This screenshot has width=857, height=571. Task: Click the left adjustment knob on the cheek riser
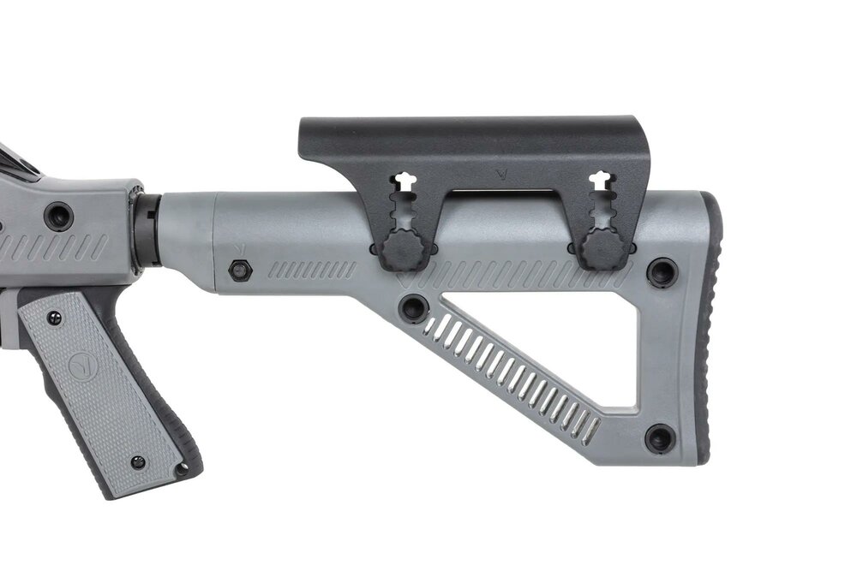pyautogui.click(x=401, y=249)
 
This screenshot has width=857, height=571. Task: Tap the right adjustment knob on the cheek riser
pyautogui.click(x=601, y=248)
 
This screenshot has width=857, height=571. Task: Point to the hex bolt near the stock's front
pyautogui.click(x=240, y=270)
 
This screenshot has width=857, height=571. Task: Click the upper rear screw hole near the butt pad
pyautogui.click(x=662, y=272)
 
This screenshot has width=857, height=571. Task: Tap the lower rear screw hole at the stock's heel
pyautogui.click(x=659, y=438)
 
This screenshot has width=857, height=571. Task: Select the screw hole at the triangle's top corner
pyautogui.click(x=414, y=308)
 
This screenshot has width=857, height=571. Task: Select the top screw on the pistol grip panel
pyautogui.click(x=54, y=318)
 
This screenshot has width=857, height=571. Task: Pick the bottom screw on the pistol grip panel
pyautogui.click(x=137, y=462)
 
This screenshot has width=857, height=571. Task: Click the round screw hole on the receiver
pyautogui.click(x=58, y=215)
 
